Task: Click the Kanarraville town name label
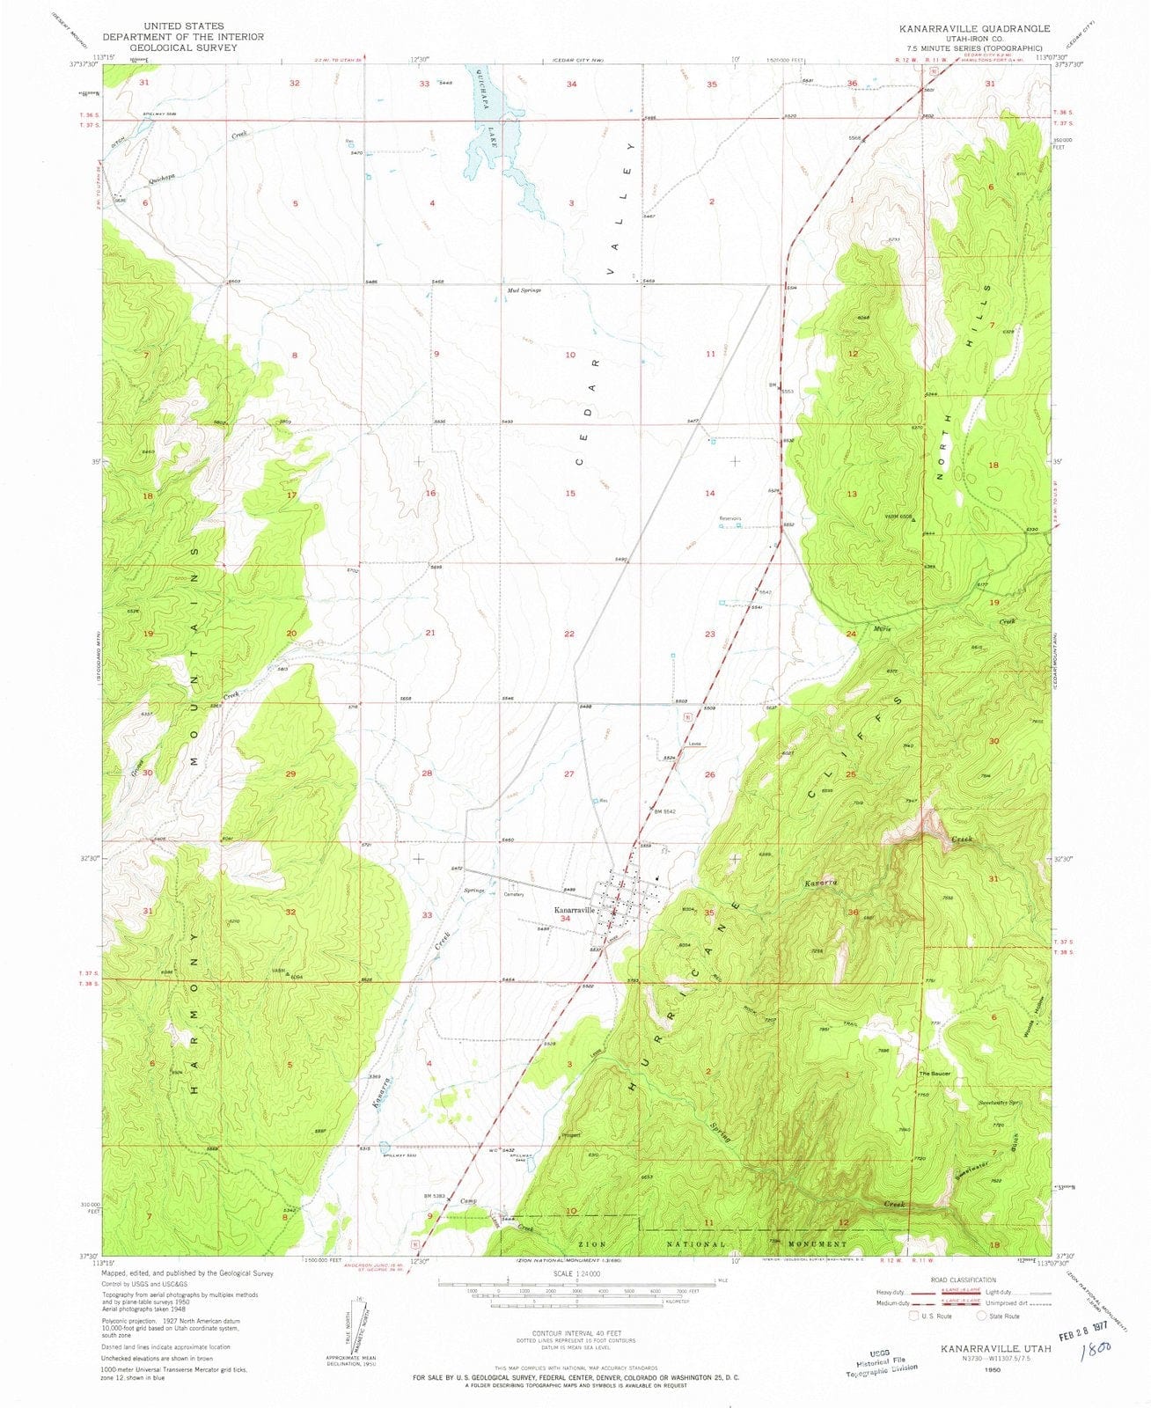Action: click(575, 910)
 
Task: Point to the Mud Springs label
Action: click(524, 290)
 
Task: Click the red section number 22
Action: click(569, 634)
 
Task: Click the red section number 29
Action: click(290, 773)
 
